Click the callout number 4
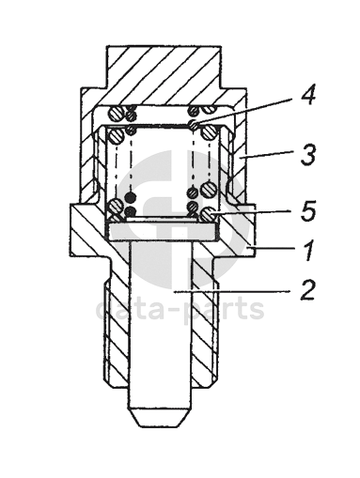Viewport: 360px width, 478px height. tap(307, 94)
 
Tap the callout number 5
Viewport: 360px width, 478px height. tap(307, 209)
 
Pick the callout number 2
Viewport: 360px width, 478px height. tap(307, 290)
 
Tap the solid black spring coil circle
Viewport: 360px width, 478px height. tap(131, 197)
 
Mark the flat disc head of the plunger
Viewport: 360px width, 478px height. tap(162, 232)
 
